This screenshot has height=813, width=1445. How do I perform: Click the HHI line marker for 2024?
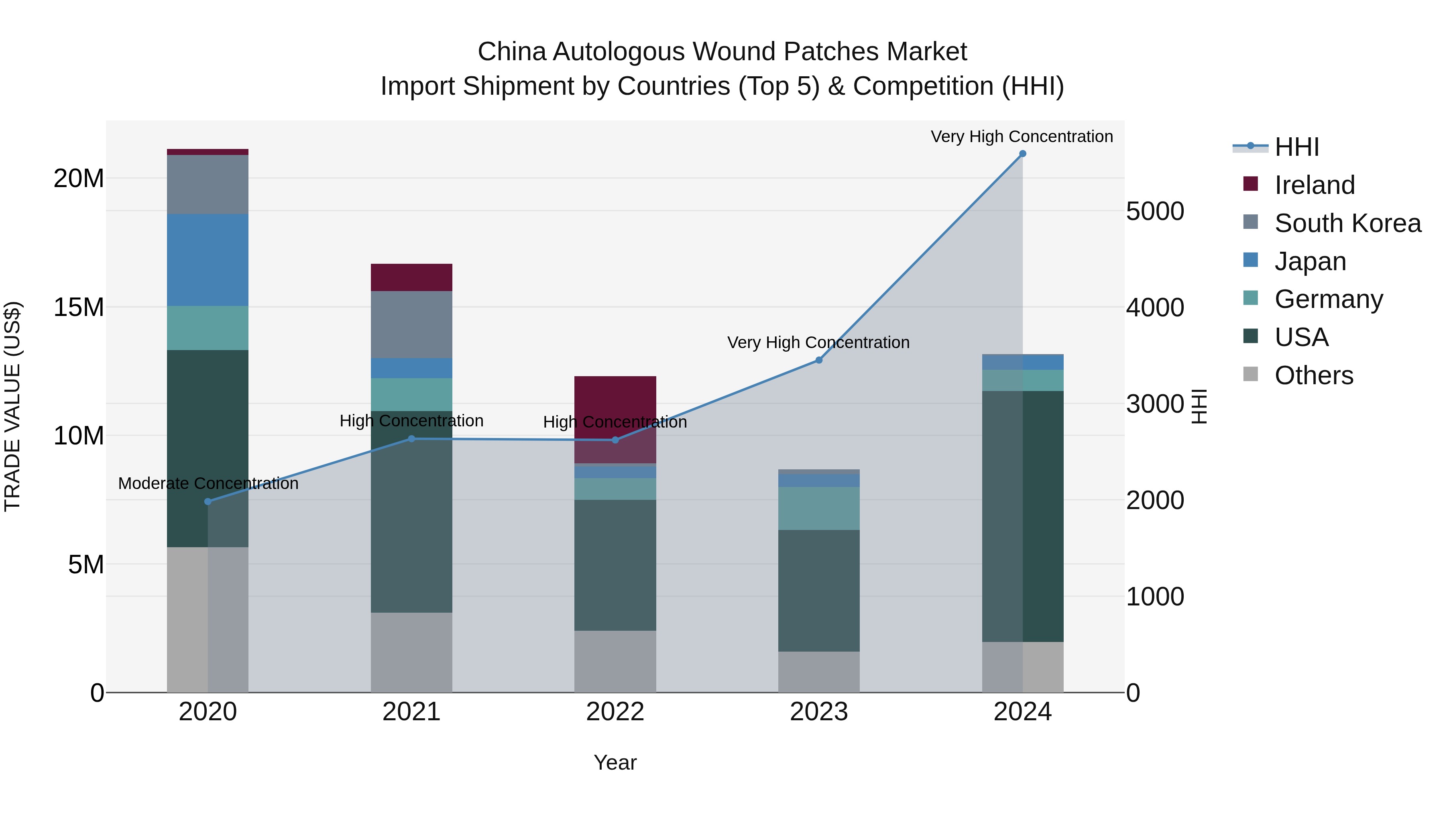[x=1022, y=154]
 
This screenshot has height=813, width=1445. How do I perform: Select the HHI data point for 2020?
[x=208, y=501]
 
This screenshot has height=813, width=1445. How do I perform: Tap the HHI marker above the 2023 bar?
[x=818, y=360]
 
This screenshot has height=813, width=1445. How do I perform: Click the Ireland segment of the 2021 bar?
[x=411, y=277]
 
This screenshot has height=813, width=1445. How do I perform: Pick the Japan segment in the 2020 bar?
[x=208, y=260]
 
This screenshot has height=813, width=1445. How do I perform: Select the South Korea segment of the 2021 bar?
[x=411, y=324]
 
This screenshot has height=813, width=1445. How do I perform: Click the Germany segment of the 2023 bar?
[x=818, y=508]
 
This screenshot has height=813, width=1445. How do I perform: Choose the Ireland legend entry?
[x=1314, y=185]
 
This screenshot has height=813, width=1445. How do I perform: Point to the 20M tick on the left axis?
[x=79, y=178]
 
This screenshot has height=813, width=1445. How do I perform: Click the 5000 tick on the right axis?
[x=1155, y=212]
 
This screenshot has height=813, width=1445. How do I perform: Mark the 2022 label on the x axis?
[x=615, y=712]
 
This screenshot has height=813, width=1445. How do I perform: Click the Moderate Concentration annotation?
[x=208, y=483]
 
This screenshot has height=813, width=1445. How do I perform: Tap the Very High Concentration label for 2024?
[x=1022, y=137]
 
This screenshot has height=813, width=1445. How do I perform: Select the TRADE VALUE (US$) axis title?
[x=12, y=406]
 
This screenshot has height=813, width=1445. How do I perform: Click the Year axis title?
[x=615, y=762]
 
